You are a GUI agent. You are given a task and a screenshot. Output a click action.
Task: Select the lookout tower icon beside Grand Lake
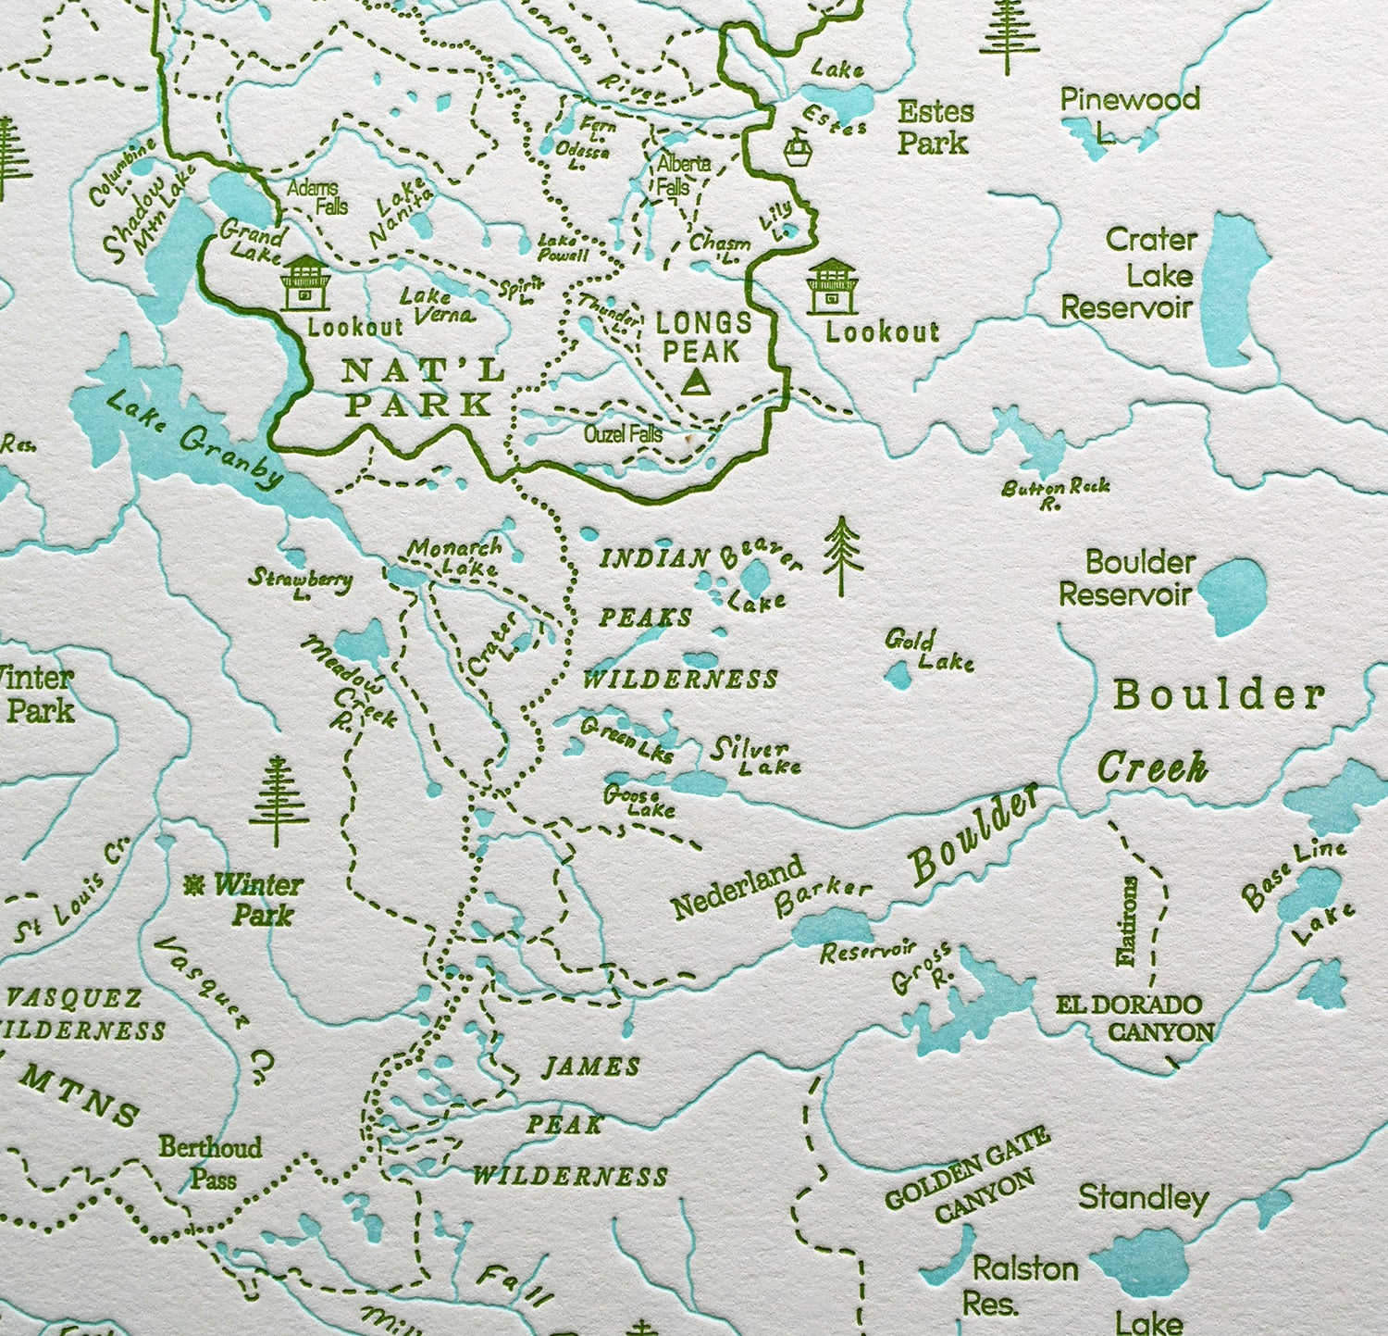pyautogui.click(x=304, y=282)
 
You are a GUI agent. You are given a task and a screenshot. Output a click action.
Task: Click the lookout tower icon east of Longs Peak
pyautogui.click(x=832, y=286)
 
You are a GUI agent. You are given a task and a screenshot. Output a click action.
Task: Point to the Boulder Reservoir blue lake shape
pyautogui.click(x=1232, y=596)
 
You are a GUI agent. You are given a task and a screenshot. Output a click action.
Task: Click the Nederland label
pyautogui.click(x=737, y=888)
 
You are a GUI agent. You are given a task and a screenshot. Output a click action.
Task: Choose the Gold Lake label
pyautogui.click(x=928, y=650)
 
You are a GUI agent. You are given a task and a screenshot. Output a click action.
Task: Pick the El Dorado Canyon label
pyautogui.click(x=1134, y=1018)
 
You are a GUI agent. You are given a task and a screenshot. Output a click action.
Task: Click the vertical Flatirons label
pyautogui.click(x=1126, y=921)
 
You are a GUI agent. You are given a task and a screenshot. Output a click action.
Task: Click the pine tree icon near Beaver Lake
pyautogui.click(x=841, y=556)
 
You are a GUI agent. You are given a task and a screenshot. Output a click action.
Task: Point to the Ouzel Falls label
pyautogui.click(x=623, y=433)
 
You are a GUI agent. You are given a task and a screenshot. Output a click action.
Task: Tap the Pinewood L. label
pyautogui.click(x=1129, y=113)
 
